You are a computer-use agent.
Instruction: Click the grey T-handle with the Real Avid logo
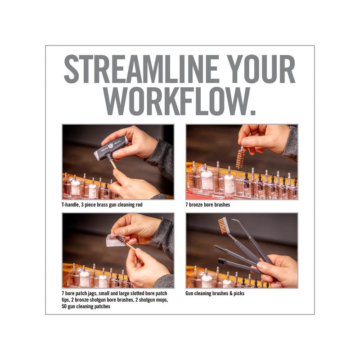[112, 148]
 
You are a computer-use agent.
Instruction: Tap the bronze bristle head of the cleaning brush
[223, 226]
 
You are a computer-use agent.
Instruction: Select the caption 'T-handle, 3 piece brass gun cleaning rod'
[102, 205]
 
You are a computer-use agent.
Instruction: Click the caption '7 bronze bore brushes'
[208, 205]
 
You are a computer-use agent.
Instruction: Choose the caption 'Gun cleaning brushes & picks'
[215, 293]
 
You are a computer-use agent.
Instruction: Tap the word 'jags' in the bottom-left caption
[92, 294]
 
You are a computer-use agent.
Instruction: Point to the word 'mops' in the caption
[162, 300]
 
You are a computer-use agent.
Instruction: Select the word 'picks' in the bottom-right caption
[239, 293]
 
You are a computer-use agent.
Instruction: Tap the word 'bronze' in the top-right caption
[196, 205]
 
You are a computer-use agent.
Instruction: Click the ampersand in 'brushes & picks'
[231, 293]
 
